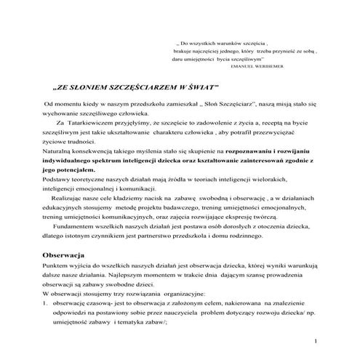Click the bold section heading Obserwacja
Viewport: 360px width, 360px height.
tap(65, 257)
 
